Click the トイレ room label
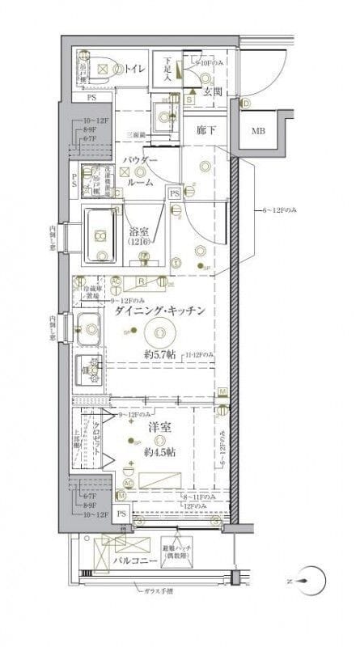coord(134,70)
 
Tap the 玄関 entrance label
coord(212,93)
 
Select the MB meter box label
coord(257,131)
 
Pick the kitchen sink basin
coord(87,328)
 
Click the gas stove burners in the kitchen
coord(90,371)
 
